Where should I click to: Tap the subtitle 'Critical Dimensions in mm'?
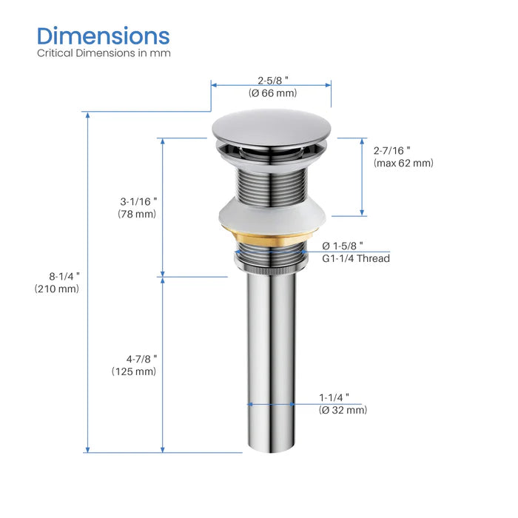[x=104, y=53]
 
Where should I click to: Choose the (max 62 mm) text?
[x=403, y=163]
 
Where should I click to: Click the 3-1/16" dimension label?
[x=139, y=201]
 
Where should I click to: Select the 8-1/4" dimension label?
[x=61, y=275]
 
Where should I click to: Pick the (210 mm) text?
[x=57, y=289]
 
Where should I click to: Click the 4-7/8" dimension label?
[x=139, y=357]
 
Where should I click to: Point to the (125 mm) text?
[x=134, y=371]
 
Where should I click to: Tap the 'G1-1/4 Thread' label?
[x=356, y=258]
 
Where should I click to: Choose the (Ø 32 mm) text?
[x=343, y=410]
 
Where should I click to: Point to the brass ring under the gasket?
[x=271, y=242]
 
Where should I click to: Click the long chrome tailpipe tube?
[x=271, y=355]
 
